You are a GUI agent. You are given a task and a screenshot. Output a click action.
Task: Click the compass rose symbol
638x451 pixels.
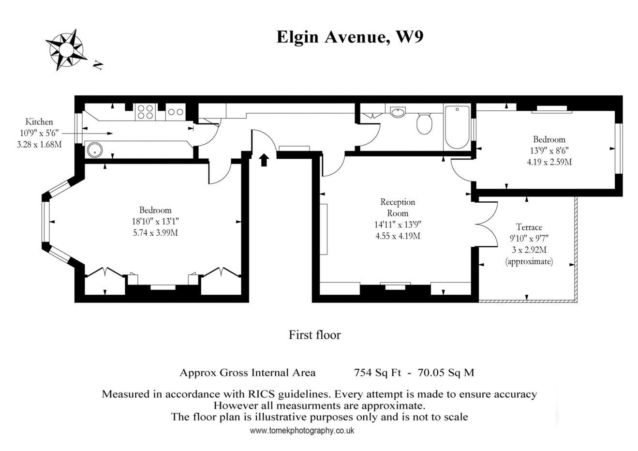(66, 50)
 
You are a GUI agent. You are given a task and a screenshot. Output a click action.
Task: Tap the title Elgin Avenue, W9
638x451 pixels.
(350, 37)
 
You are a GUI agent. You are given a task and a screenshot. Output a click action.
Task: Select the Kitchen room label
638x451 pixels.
(39, 122)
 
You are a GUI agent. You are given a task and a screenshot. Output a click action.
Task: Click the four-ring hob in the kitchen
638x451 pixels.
(145, 111)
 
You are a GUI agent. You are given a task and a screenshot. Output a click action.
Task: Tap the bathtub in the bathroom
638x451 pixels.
(457, 127)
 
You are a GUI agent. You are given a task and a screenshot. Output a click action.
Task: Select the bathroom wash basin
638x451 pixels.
(398, 112)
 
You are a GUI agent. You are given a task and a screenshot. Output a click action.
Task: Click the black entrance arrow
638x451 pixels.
(264, 160)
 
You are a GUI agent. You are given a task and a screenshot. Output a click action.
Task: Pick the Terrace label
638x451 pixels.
(529, 227)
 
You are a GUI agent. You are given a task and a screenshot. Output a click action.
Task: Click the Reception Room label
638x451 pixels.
(398, 208)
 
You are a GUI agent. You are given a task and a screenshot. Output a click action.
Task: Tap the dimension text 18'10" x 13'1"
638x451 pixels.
(155, 221)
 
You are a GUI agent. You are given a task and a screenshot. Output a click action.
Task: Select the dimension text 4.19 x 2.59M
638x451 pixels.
(549, 162)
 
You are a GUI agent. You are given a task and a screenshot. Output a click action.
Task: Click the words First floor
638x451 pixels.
(315, 335)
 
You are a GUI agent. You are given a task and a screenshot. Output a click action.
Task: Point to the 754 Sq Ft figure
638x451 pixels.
(377, 373)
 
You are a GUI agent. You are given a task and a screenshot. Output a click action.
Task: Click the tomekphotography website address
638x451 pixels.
(302, 430)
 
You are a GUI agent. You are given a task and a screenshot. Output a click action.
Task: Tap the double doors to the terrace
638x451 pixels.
(487, 224)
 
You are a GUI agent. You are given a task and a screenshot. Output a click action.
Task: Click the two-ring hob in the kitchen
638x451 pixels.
(176, 112)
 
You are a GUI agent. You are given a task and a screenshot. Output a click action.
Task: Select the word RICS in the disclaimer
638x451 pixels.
(262, 394)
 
